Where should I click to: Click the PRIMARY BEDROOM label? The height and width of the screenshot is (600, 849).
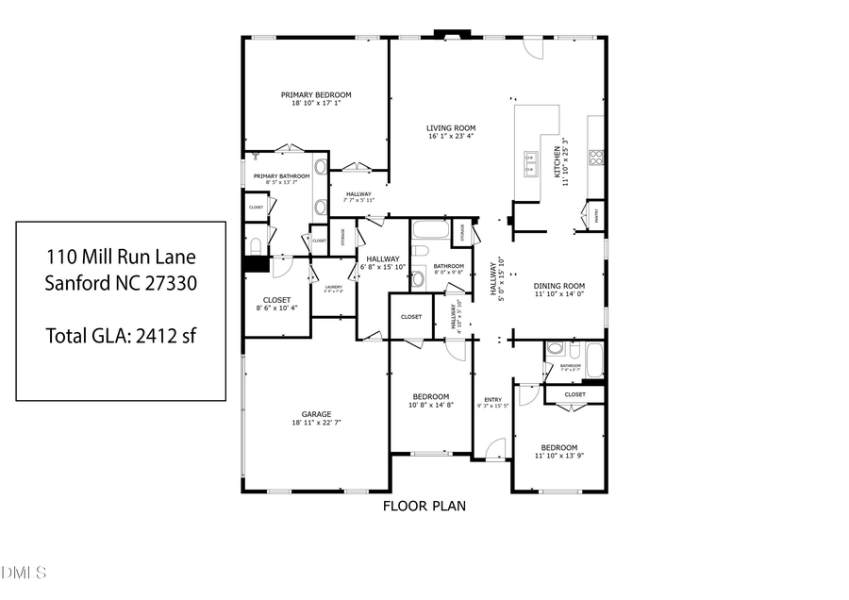pyautogui.click(x=316, y=94)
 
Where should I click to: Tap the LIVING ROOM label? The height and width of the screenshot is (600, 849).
pyautogui.click(x=450, y=127)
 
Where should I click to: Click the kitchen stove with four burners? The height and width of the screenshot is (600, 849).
pyautogui.click(x=596, y=158)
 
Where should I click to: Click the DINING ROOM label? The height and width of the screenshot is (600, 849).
pyautogui.click(x=559, y=285)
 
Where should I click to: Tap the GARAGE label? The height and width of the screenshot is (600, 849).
pyautogui.click(x=315, y=412)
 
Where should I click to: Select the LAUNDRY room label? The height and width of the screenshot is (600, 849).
pyautogui.click(x=333, y=287)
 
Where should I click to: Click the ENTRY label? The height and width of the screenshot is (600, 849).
pyautogui.click(x=492, y=400)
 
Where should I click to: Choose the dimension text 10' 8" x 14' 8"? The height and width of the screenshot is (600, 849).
pyautogui.click(x=430, y=405)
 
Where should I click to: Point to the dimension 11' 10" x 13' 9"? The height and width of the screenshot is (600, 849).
pyautogui.click(x=558, y=456)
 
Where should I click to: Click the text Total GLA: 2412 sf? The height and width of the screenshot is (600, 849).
pyautogui.click(x=121, y=334)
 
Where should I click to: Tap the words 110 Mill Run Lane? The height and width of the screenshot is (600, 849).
pyautogui.click(x=121, y=257)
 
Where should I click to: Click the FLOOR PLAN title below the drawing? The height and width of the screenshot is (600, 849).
pyautogui.click(x=424, y=506)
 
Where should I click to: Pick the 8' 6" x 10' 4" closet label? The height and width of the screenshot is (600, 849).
pyautogui.click(x=276, y=308)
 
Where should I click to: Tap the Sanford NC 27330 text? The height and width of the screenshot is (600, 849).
pyautogui.click(x=121, y=283)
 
